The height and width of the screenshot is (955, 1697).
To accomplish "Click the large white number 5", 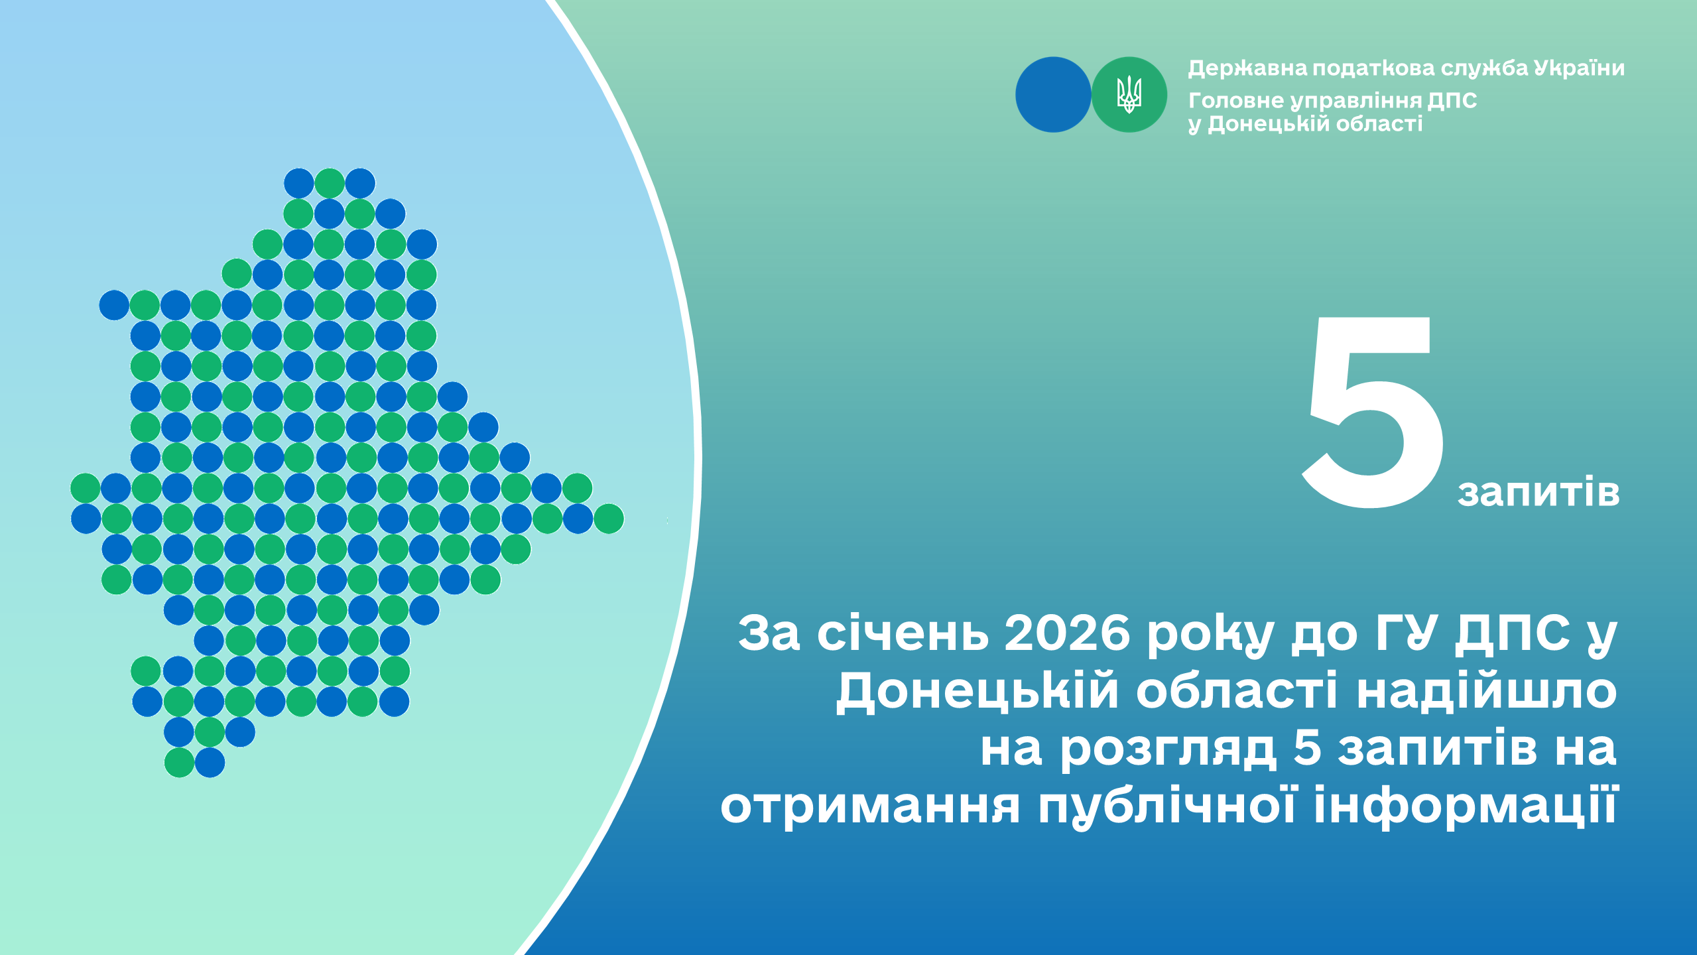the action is point(1373,413).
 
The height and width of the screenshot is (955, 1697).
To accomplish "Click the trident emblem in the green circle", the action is point(1129,94).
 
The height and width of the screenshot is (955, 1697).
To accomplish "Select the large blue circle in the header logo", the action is point(1053,94).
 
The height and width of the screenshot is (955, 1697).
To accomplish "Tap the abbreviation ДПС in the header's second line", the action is point(1452,100).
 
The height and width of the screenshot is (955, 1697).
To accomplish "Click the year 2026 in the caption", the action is point(1067,633).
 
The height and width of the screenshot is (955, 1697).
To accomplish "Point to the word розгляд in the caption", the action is point(1167,749).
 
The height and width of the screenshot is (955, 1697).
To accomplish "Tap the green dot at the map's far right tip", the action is point(609,519).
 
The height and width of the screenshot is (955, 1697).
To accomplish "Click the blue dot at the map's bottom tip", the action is point(210,763).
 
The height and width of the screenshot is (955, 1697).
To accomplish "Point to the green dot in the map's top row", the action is point(330,183).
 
